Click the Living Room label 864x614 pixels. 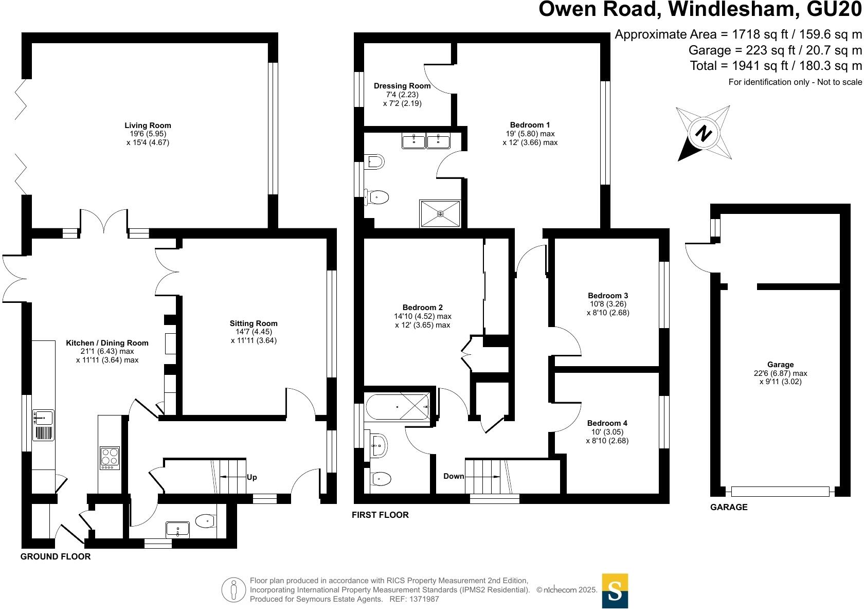(148, 125)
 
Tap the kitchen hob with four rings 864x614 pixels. (109, 457)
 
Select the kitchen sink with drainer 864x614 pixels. (44, 425)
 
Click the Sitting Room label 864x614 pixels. (254, 323)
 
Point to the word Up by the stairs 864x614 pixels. (251, 477)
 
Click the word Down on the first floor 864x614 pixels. (454, 476)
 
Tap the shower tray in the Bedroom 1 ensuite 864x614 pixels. (440, 213)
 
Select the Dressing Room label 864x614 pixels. (402, 86)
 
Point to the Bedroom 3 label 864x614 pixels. (608, 296)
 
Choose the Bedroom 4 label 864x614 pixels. (607, 423)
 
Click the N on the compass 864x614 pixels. (703, 134)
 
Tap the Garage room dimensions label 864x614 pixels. (780, 373)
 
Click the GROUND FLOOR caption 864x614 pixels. (56, 556)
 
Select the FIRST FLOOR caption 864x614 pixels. (380, 515)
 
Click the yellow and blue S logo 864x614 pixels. (615, 591)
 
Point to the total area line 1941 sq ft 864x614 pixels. (776, 66)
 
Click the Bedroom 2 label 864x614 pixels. (423, 308)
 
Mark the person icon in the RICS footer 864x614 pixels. (234, 590)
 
